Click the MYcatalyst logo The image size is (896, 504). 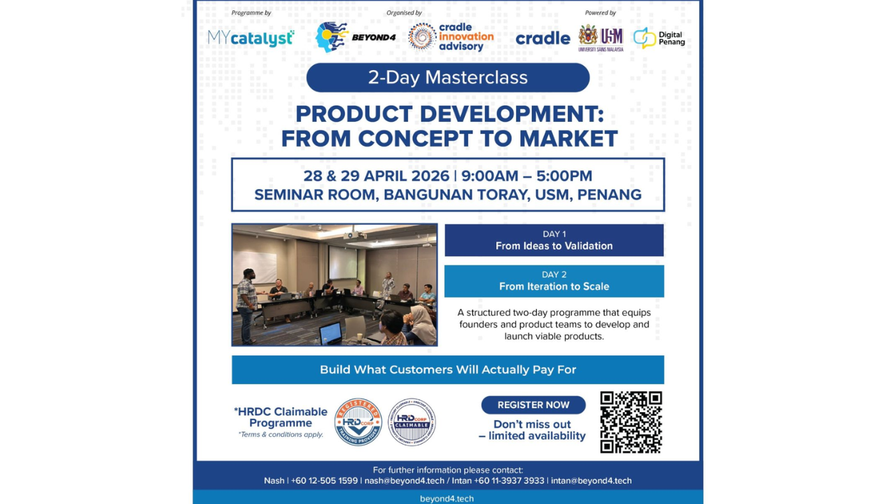coord(251,38)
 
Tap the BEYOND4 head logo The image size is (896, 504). coord(332,37)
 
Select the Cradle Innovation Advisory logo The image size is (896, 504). coord(451,37)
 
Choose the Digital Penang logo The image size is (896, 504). coord(659,38)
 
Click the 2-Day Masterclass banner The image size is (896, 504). coord(447,78)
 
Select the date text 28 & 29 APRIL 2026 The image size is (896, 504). coord(374,176)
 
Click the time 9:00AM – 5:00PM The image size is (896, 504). coord(526,176)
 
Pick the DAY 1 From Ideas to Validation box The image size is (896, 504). coord(554,240)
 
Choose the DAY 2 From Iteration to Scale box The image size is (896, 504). coord(554,281)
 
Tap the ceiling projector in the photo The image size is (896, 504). coord(355,235)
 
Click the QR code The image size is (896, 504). coord(631,422)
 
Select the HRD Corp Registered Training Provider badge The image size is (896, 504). coord(358,422)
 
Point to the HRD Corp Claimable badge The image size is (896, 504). coord(412,422)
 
